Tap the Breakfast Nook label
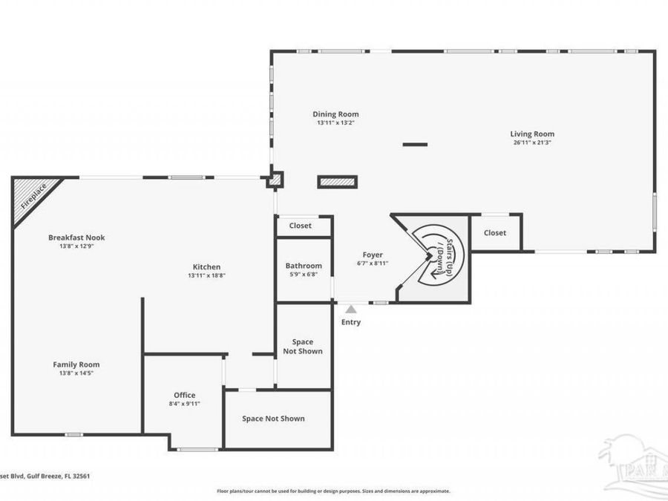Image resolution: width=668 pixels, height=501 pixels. coord(76,238)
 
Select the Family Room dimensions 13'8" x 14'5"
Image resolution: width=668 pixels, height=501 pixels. coord(76,373)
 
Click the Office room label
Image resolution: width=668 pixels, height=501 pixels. coord(185,395)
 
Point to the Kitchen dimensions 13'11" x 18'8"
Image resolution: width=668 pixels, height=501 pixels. coord(206,275)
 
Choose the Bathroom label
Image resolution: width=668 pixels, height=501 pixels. coord(304,266)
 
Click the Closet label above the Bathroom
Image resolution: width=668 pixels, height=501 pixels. coord(300,226)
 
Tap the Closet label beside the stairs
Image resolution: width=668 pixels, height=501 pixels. coord(495,233)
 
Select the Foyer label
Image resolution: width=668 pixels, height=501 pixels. coord(372,255)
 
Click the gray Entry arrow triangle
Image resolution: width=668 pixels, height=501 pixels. coord(350,309)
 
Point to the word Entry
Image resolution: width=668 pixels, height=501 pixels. coord(350,322)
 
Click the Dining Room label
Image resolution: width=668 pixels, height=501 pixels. coord(335,114)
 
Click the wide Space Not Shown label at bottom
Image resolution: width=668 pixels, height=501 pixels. coord(273,419)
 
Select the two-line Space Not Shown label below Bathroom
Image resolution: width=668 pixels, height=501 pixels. coord(303,347)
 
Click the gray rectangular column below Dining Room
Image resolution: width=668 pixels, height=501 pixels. coord(338,182)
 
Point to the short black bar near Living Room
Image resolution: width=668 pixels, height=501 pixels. coord(415,144)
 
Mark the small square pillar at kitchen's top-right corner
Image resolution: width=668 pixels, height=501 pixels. coord(275,179)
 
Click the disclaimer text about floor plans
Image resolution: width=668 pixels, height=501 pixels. coord(333,491)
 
